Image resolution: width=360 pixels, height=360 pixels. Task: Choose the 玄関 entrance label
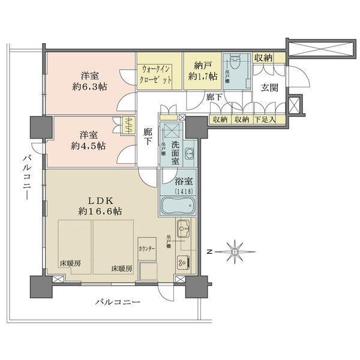tap(269, 88)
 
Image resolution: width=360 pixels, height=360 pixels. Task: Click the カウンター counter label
tap(147, 248)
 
